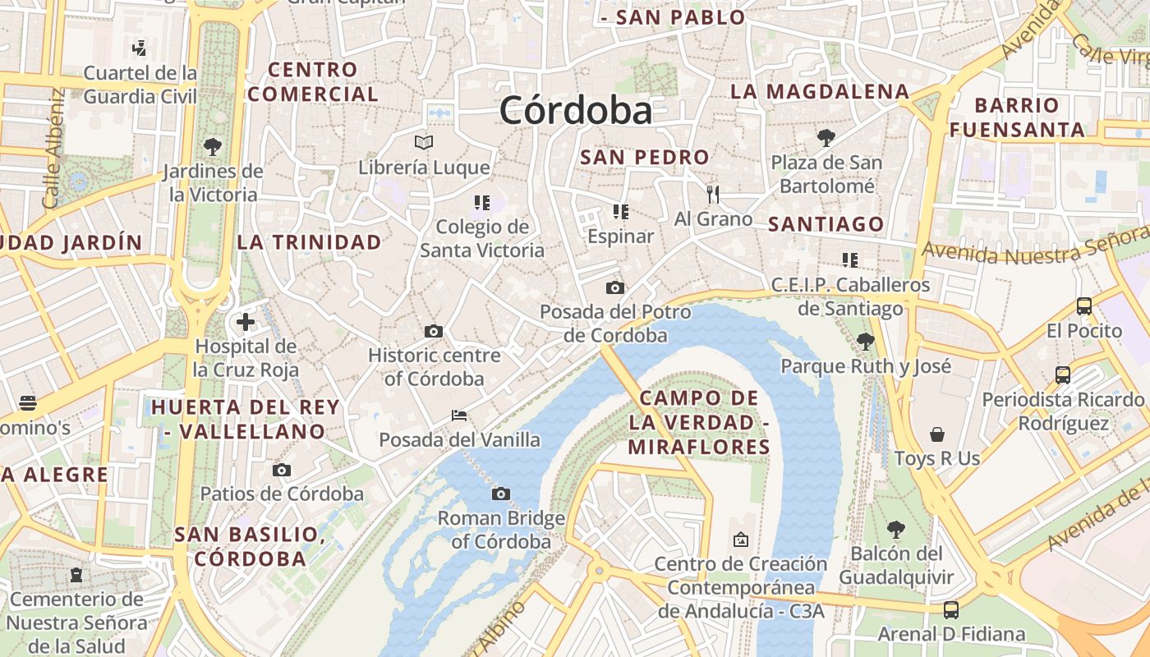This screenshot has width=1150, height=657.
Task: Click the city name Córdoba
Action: (x=576, y=111)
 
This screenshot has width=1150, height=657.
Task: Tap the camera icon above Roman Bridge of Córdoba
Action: (x=501, y=494)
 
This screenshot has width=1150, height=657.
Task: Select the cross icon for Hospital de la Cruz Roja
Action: (x=245, y=321)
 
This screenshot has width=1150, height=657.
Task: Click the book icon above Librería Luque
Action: (x=424, y=143)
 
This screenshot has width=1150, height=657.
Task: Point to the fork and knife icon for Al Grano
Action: (x=713, y=195)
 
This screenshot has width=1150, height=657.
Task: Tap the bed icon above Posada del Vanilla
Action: (x=459, y=416)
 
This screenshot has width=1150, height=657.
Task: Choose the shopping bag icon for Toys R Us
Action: (x=937, y=434)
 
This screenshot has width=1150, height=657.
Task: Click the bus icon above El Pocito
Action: (x=1084, y=306)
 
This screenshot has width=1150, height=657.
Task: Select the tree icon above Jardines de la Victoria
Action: (x=213, y=147)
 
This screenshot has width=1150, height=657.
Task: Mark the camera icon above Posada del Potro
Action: (x=614, y=287)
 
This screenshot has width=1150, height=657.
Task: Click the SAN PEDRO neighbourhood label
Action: (x=645, y=157)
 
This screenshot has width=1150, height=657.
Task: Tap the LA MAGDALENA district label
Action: (x=820, y=91)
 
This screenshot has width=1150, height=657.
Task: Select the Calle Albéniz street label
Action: (x=53, y=148)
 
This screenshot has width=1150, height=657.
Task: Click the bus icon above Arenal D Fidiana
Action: (x=951, y=609)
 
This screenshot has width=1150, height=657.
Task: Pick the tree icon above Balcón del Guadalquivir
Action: (x=896, y=529)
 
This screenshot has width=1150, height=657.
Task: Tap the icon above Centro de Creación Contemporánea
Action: (x=741, y=540)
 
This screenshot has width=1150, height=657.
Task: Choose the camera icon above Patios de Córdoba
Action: (x=282, y=470)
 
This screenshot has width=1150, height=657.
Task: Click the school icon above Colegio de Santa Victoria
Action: (x=482, y=202)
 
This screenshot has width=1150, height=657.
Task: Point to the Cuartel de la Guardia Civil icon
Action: (x=140, y=48)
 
